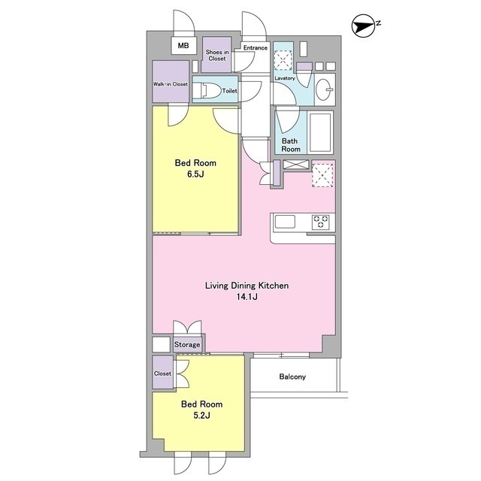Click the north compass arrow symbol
tap(364, 26)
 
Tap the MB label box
tap(183, 46)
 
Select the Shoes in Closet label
tap(217, 56)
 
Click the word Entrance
tap(256, 47)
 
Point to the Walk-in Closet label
tap(171, 84)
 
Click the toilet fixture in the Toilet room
tap(207, 91)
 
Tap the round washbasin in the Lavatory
tap(324, 90)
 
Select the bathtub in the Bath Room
tap(320, 132)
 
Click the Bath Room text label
tap(290, 145)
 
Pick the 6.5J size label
tap(195, 174)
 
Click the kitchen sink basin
tap(285, 222)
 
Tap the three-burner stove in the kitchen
tap(321, 222)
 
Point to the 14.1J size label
tap(247, 297)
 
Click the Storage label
tap(187, 344)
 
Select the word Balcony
tap(292, 377)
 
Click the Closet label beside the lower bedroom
tap(162, 374)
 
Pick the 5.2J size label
tap(202, 416)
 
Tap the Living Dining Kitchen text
tap(247, 286)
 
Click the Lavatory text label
tap(285, 78)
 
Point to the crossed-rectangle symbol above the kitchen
tap(296, 165)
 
